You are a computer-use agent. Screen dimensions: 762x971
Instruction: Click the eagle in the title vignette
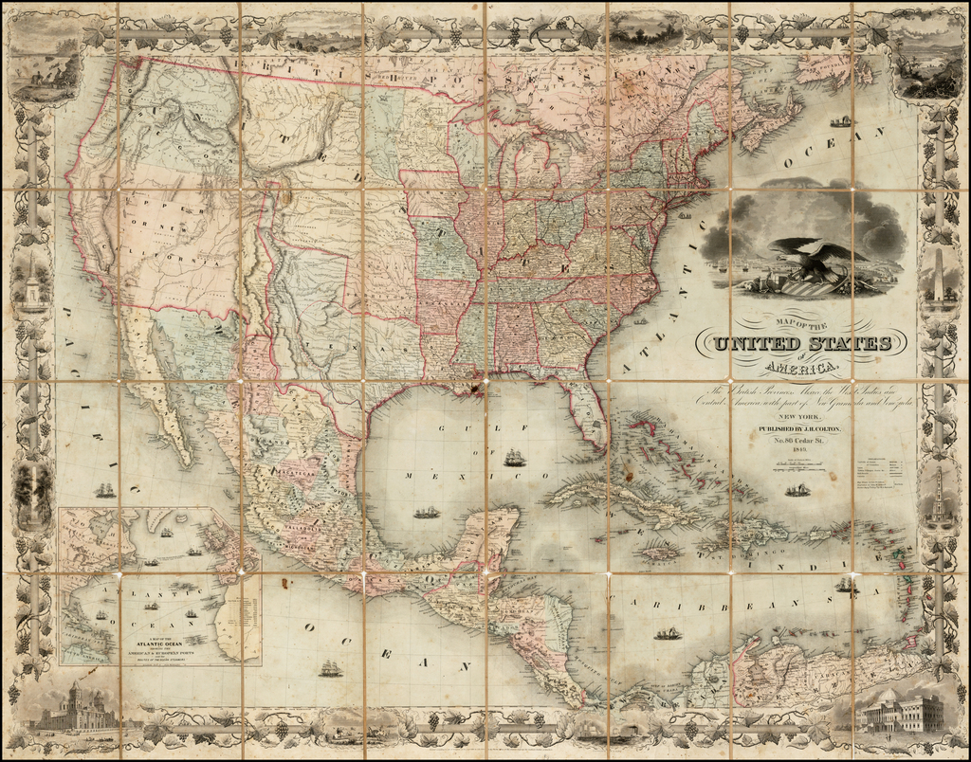814,259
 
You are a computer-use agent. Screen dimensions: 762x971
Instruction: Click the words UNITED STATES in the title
802,343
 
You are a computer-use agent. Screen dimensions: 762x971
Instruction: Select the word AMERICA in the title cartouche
802,367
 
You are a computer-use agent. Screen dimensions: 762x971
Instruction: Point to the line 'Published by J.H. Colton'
801,427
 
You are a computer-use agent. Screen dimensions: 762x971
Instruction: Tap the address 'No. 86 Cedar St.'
801,440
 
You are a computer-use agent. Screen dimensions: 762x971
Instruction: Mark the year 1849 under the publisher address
801,452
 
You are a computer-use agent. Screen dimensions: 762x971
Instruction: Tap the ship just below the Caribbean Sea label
669,633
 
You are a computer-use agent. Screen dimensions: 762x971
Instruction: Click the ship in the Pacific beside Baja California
104,490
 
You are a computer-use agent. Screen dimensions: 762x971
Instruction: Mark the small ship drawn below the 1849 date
797,490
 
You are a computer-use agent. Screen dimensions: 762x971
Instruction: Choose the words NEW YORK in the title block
801,416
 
